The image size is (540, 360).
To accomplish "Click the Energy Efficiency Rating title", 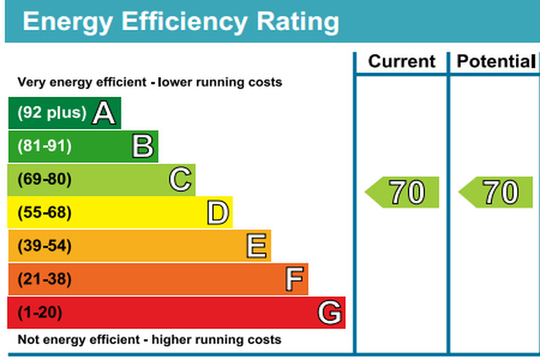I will point(181,21).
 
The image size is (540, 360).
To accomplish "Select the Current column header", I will point(402,62).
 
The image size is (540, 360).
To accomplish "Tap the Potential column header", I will point(495,62).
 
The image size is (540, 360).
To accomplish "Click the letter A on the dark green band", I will point(104,113).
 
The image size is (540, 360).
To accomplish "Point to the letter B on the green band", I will point(142,146).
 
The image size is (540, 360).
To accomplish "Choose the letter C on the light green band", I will point(180,180).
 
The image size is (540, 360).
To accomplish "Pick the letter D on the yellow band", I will point(217,213).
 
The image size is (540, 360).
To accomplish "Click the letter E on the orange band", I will point(256,247).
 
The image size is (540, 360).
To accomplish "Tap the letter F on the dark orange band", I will point(294,280).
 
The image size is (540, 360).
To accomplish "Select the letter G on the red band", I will point(330,313).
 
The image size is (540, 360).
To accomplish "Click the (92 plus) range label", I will point(51,113).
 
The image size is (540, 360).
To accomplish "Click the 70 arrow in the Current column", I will point(403,192).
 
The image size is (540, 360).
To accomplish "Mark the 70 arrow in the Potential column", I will point(497,192).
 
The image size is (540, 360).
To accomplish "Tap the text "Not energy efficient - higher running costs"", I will point(149,340).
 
